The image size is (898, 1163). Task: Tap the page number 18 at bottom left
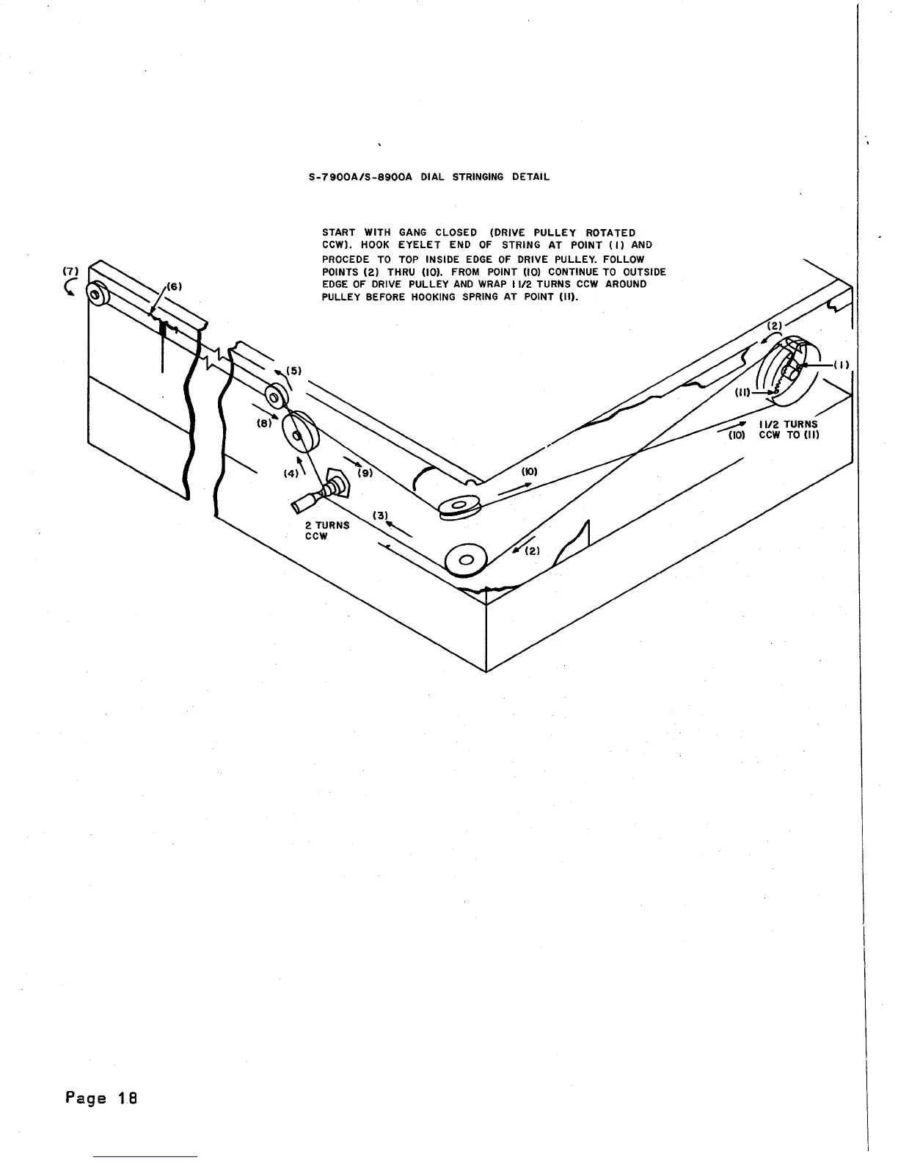tap(101, 1098)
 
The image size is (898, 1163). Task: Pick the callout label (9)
tap(364, 473)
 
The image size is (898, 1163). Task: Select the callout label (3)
tap(379, 515)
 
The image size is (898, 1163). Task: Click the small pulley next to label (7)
tap(96, 296)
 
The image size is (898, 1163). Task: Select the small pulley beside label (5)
tap(276, 397)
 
